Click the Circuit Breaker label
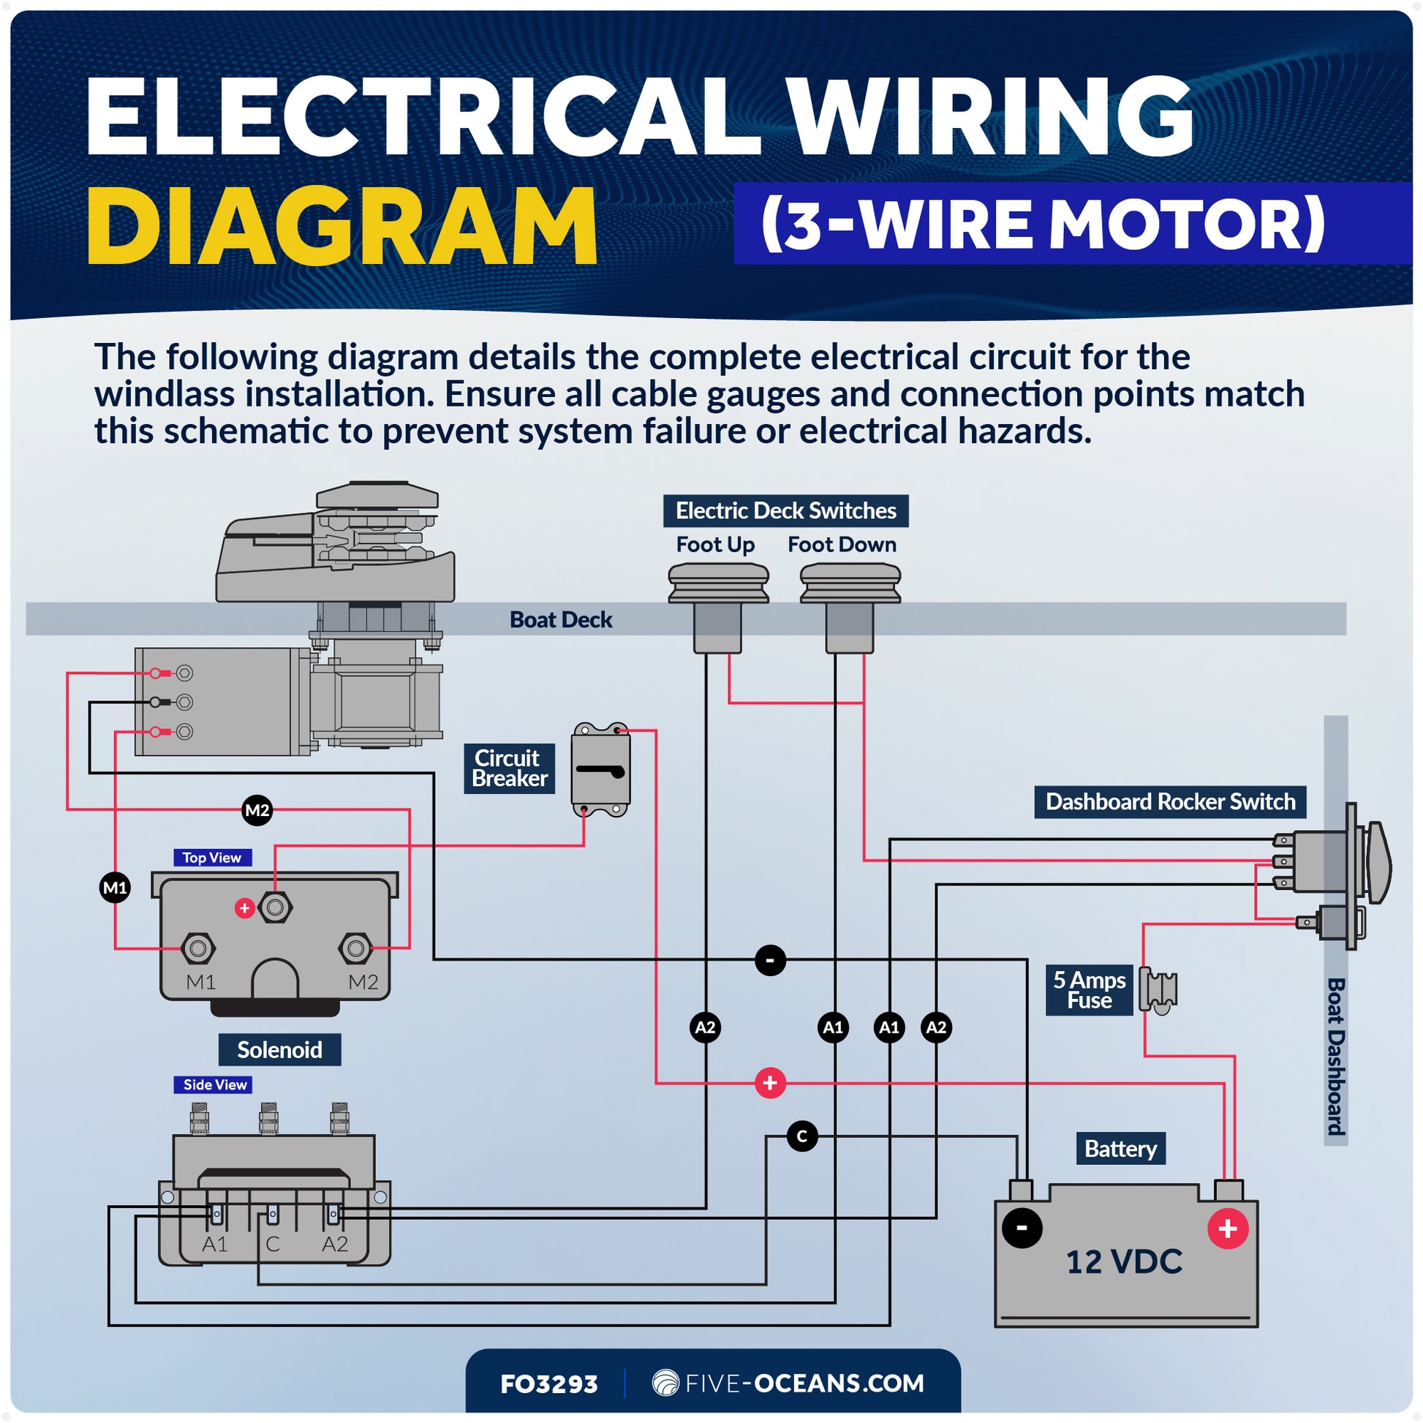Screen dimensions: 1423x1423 [x=509, y=769]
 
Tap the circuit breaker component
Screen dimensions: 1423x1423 [x=601, y=770]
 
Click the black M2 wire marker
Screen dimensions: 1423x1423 [x=257, y=810]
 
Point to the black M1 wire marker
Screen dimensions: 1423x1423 [x=115, y=888]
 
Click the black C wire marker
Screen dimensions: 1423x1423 [x=802, y=1136]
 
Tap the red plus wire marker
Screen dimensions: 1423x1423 [x=771, y=1083]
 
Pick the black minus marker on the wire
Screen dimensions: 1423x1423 [x=771, y=960]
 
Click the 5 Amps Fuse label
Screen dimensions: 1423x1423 [x=1090, y=990]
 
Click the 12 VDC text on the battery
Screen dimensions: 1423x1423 [x=1124, y=1261]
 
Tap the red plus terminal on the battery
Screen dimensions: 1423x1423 [x=1228, y=1228]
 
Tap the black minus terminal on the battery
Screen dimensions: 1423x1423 [x=1022, y=1228]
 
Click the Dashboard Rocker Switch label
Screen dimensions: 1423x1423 [x=1171, y=801]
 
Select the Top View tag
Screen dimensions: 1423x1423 [x=212, y=857]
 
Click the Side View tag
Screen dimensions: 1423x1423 [x=214, y=1084]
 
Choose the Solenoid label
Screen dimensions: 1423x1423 [x=280, y=1049]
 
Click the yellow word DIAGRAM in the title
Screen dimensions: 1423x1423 [x=341, y=225]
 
